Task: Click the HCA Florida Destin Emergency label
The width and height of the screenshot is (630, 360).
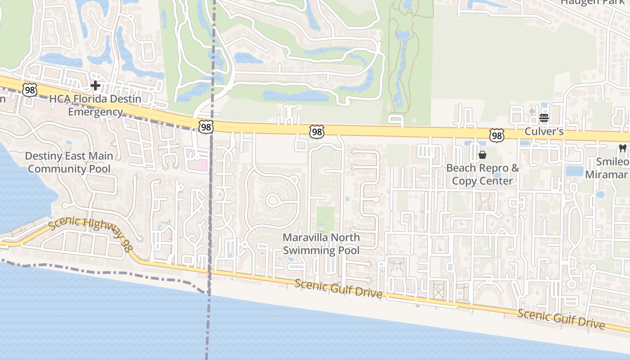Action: pos(95,105)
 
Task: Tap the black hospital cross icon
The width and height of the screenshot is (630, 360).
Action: pos(95,85)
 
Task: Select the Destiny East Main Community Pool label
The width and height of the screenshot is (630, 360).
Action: pos(69,162)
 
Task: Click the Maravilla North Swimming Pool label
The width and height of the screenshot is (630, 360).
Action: pos(321,244)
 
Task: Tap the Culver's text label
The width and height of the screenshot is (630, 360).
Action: pos(544,132)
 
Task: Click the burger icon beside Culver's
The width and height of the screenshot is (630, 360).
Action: pos(544,118)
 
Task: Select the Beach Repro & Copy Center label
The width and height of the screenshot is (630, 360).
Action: pos(482,175)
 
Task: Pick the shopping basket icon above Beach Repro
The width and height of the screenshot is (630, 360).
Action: pos(482,155)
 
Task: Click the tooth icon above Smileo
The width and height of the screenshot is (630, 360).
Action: pos(623,148)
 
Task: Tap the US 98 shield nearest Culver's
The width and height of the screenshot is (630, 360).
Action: pos(497,135)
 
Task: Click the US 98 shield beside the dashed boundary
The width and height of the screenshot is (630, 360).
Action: pos(206,127)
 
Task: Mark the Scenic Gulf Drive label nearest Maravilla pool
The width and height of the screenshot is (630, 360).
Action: pos(338,289)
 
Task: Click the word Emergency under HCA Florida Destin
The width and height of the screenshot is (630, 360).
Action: pos(95,112)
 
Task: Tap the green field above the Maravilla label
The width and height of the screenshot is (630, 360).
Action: pos(325,219)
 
